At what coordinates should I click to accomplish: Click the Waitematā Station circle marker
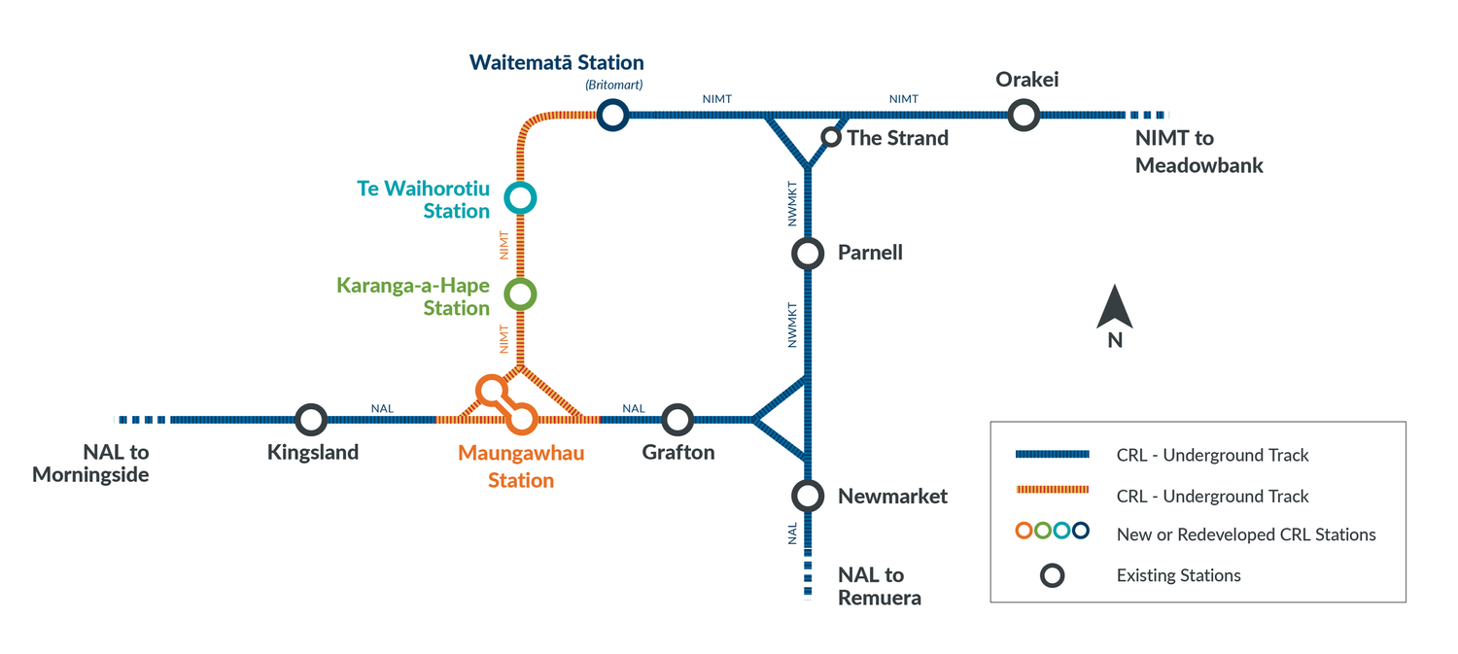pos(611,116)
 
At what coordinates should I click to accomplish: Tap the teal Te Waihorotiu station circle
pos(520,198)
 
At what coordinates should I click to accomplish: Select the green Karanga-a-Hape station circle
pos(520,293)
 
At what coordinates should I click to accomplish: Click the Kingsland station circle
pos(310,420)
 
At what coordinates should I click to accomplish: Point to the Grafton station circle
pos(677,420)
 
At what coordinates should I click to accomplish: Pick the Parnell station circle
pos(808,254)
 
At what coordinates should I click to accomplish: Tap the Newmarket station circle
pos(808,496)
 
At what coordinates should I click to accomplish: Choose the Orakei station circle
pos(1023,116)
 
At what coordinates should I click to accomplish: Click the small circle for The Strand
pos(831,137)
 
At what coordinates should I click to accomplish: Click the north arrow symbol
pos(1115,309)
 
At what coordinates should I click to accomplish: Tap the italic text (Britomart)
pos(613,86)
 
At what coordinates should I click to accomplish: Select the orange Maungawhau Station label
pos(521,466)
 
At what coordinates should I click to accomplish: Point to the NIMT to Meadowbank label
pos(1198,152)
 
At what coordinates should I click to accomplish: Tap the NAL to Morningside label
pos(90,464)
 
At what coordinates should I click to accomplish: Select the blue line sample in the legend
pos(1051,455)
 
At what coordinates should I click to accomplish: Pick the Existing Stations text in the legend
pos(1178,575)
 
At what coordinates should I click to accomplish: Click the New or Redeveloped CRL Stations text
pos(1246,534)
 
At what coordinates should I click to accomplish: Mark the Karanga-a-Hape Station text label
pos(413,296)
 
